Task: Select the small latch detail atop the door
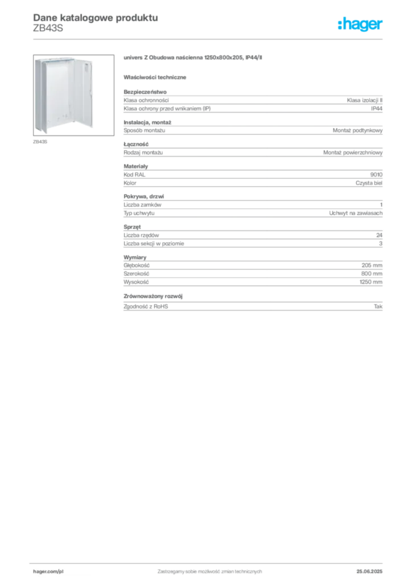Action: point(87,67)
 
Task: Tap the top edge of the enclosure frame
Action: point(60,57)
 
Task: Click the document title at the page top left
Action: point(94,16)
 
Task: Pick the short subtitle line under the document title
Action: point(46,29)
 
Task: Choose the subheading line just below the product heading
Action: point(156,77)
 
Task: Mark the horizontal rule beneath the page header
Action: point(209,39)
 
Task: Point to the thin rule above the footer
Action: point(209,561)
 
